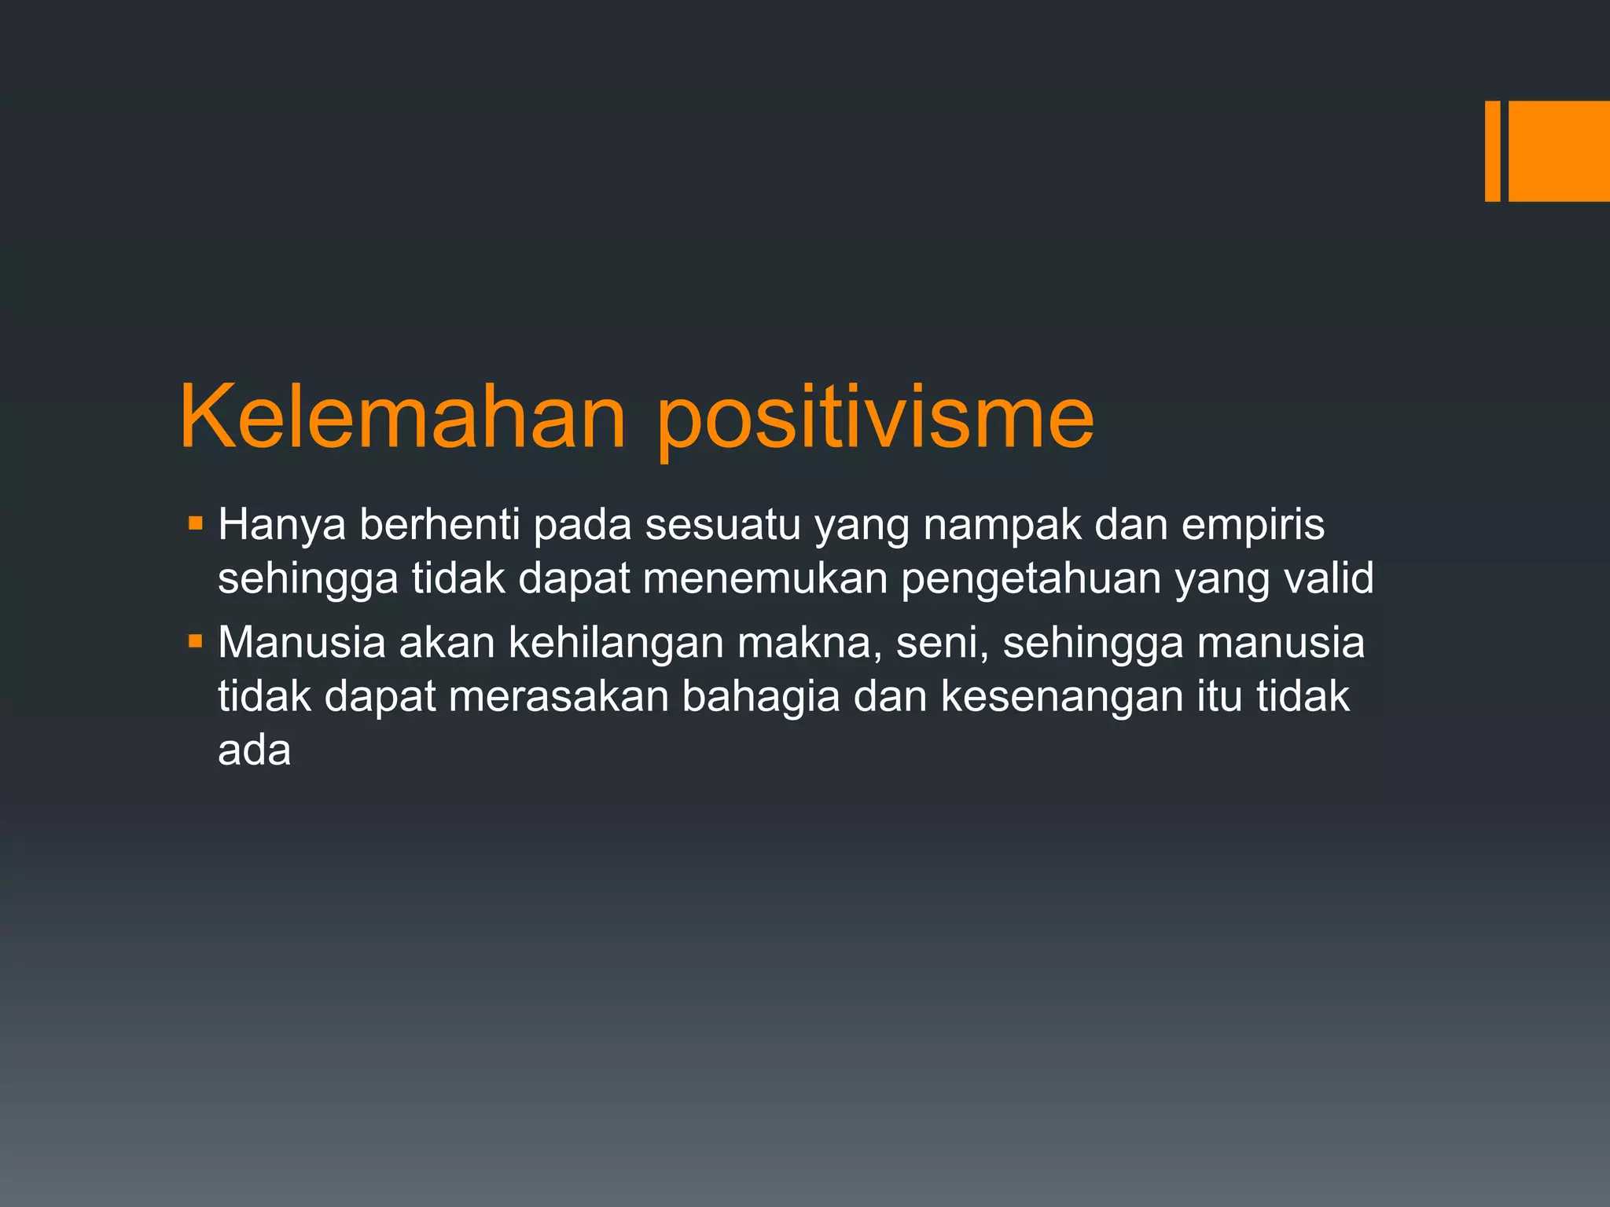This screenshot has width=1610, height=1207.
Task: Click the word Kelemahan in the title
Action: coord(402,416)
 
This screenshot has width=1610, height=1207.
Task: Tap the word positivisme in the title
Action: coord(874,416)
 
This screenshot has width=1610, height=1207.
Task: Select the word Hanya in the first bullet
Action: coord(281,525)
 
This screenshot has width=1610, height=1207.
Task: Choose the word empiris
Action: coord(1252,525)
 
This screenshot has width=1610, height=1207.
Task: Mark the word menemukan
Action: coord(764,579)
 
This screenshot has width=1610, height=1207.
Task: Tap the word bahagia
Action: coord(760,697)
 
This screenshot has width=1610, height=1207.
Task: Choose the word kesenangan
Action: coord(1061,697)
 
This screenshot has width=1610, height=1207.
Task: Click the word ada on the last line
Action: coord(254,750)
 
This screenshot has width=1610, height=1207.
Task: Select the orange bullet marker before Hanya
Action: coord(196,522)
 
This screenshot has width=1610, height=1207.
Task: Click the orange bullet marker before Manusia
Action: coord(196,641)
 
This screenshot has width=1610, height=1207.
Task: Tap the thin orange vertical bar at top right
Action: coord(1492,151)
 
